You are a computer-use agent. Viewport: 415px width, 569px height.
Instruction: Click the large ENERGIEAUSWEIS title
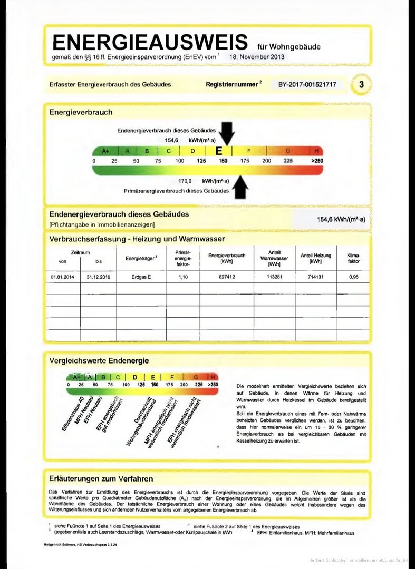click(x=150, y=42)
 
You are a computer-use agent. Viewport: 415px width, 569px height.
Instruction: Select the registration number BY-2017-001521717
click(x=307, y=84)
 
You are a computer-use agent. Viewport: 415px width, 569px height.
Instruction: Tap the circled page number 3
click(x=361, y=84)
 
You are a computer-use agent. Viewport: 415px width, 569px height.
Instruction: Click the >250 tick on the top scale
click(x=317, y=161)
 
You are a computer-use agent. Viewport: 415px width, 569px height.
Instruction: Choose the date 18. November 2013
click(x=257, y=57)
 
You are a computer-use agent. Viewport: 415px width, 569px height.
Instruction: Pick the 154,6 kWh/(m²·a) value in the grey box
click(x=341, y=219)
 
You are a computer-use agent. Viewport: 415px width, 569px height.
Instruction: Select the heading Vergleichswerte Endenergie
click(x=99, y=361)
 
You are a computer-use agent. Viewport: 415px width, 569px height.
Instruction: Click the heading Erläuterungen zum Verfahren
click(x=101, y=479)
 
